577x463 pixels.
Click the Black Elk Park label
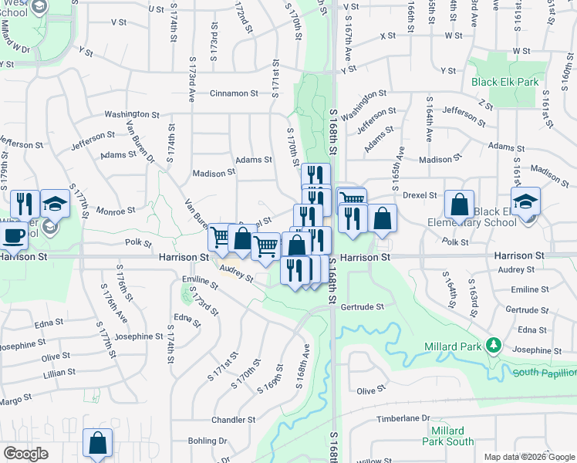tap(506, 81)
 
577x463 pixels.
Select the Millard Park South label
tap(448, 436)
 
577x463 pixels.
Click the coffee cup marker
tap(12, 235)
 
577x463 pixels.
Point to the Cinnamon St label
tap(234, 93)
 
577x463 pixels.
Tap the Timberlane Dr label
tap(403, 417)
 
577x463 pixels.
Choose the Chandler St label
tap(234, 421)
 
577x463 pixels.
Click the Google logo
tap(25, 454)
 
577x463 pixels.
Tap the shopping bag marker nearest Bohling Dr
tap(98, 443)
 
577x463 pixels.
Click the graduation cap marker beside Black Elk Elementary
tap(525, 202)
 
